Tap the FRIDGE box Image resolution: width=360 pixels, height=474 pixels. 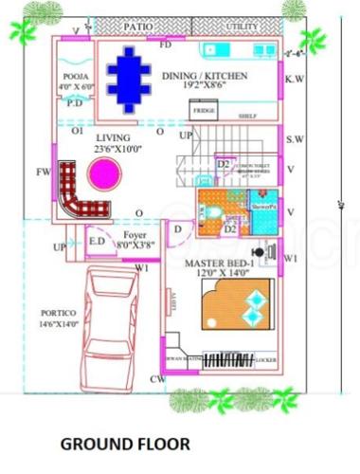point(204,111)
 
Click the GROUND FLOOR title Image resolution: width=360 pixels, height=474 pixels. point(125,443)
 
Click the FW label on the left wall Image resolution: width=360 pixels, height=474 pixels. point(43,172)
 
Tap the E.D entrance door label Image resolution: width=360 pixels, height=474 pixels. point(97,242)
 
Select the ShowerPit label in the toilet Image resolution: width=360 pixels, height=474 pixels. point(262,205)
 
